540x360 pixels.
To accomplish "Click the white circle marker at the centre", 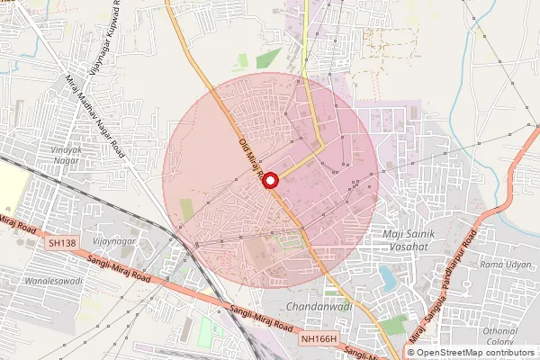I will point(271,180).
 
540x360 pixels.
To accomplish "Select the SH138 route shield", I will point(63,243).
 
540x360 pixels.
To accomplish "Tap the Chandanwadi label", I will point(310,307).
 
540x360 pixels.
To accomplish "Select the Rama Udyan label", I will point(504,265).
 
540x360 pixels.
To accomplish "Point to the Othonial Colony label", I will point(500,335).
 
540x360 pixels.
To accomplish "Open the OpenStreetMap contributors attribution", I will point(475,352).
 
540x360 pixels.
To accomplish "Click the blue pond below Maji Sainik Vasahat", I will point(387,277).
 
